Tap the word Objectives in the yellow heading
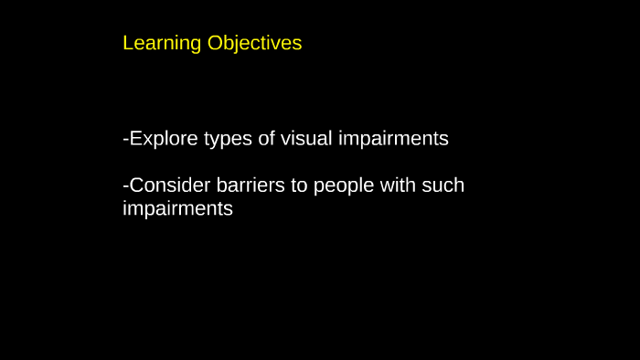click(x=254, y=44)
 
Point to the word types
click(x=228, y=140)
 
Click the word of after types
click(x=267, y=139)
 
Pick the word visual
click(x=307, y=139)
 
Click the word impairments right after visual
click(x=393, y=140)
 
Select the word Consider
click(x=170, y=185)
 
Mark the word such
click(x=443, y=185)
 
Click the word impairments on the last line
click(x=177, y=209)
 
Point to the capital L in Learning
click(x=128, y=43)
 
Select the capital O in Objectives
click(x=215, y=43)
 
